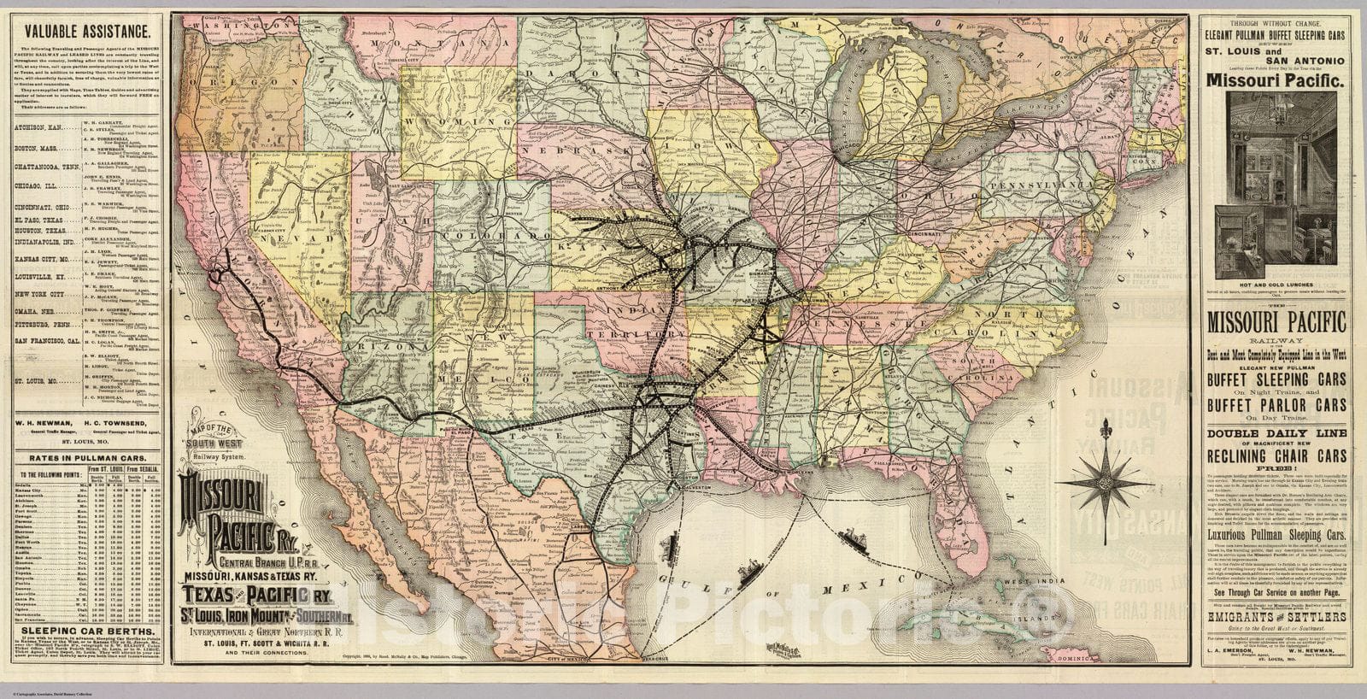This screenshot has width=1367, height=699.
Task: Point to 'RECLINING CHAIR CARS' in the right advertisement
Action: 1277,455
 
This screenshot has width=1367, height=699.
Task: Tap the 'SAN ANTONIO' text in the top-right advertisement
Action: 1277,60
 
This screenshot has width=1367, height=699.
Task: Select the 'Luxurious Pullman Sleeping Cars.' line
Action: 1276,534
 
